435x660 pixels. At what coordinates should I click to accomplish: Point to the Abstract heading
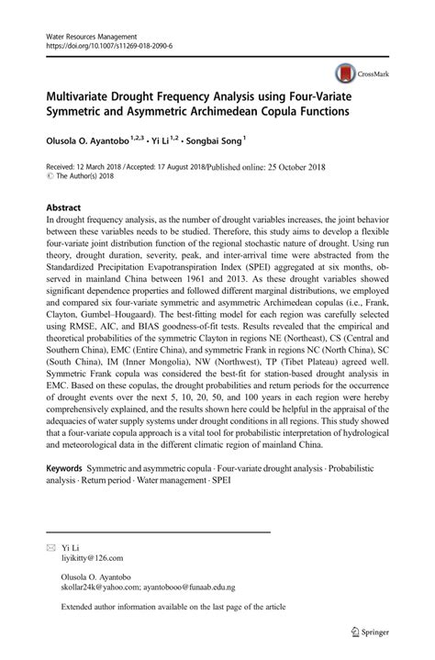pos(64,207)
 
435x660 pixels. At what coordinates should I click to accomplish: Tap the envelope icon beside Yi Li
pos(51,545)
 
